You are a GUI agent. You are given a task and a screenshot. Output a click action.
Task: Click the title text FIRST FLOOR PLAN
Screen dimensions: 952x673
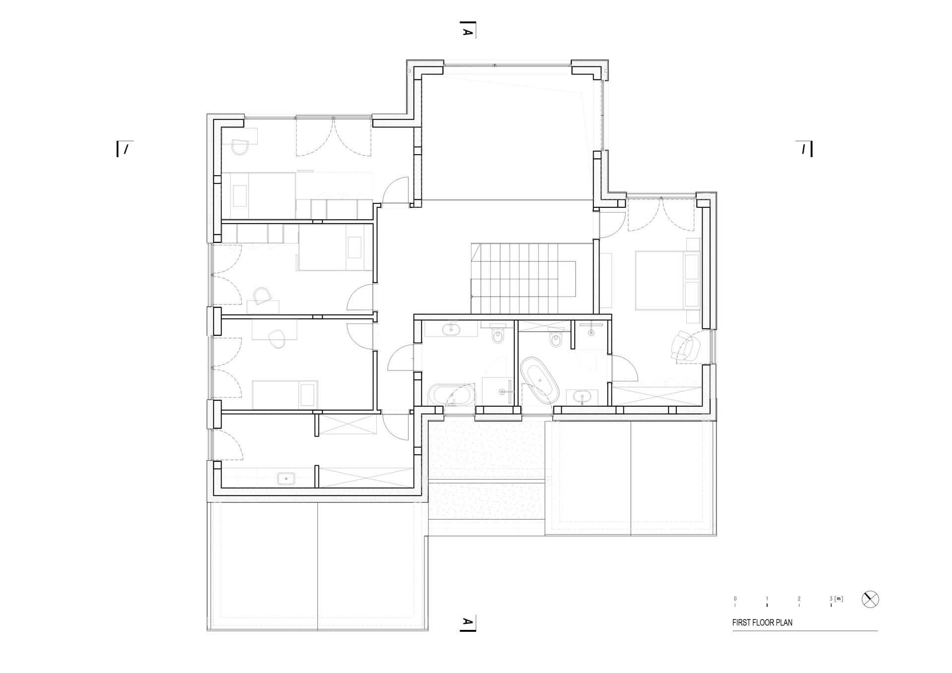pos(762,622)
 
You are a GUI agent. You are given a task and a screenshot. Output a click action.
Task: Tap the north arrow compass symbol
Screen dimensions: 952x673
pos(870,600)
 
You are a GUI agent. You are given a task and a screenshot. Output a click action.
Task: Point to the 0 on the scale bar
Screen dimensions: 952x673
pos(735,599)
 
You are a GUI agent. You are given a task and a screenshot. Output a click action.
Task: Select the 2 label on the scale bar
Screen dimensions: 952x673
pos(799,599)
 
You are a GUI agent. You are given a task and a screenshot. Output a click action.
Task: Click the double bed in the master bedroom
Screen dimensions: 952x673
pos(667,280)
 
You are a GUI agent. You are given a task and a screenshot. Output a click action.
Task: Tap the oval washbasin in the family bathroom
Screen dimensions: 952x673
pos(452,329)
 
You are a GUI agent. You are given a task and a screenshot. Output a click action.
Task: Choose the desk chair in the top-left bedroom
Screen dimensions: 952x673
pos(241,146)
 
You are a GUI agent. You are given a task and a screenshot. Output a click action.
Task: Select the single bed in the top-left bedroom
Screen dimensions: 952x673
pos(259,195)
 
